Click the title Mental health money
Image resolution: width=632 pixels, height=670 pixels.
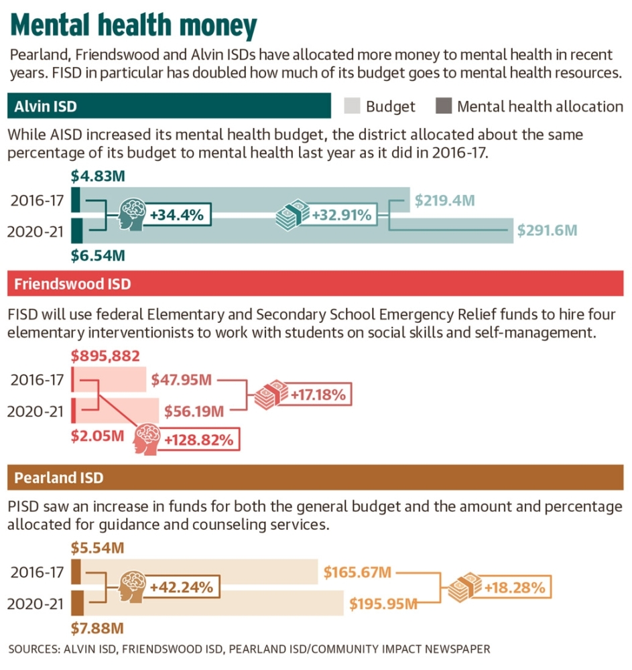(134, 27)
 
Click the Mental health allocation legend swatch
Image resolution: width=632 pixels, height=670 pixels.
(443, 106)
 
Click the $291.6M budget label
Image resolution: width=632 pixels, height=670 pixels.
(547, 230)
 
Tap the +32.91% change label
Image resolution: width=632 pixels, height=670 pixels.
(341, 216)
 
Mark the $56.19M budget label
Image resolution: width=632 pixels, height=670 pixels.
(192, 409)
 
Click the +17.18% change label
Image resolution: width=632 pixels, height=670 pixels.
(318, 395)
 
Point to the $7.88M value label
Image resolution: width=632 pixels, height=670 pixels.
(97, 628)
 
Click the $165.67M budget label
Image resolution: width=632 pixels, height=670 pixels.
(357, 573)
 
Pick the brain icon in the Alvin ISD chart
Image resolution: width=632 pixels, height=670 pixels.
(133, 216)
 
